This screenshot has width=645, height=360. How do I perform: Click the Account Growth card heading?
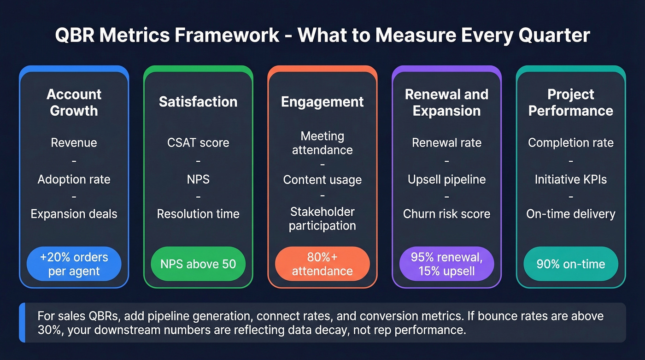click(74, 102)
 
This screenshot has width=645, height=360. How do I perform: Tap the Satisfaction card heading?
click(198, 102)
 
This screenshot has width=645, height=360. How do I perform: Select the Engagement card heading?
click(322, 102)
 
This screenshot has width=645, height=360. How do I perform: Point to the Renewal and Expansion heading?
click(446, 102)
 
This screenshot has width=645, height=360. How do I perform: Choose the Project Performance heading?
click(570, 102)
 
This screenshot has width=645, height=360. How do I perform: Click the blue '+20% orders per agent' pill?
click(74, 264)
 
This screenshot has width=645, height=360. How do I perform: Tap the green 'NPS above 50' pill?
click(198, 264)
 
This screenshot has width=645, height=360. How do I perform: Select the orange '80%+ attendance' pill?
click(322, 264)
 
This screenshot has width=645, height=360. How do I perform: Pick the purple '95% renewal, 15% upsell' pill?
click(446, 264)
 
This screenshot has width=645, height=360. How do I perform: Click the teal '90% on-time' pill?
click(570, 264)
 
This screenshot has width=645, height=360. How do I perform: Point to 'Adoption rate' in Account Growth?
click(74, 179)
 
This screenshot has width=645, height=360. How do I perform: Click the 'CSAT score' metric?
click(198, 143)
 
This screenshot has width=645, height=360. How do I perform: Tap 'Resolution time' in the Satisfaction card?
click(198, 214)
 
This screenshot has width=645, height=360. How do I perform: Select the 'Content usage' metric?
click(322, 180)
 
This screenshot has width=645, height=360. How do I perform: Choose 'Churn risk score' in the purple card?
click(446, 214)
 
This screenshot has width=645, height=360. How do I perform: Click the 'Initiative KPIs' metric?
click(570, 179)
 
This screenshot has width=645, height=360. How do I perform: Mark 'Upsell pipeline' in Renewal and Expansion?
click(446, 179)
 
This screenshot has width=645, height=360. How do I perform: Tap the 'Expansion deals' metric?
click(74, 214)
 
